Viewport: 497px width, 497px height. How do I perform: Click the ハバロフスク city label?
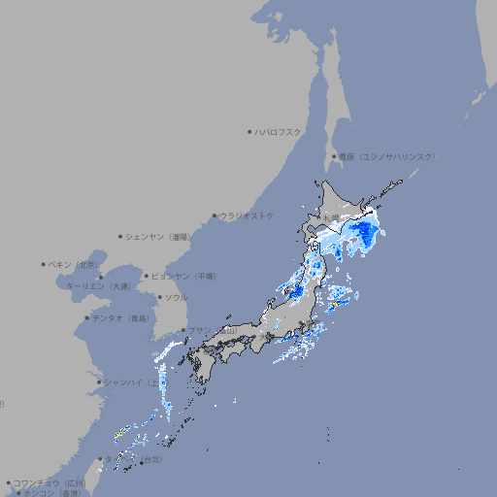click(279, 131)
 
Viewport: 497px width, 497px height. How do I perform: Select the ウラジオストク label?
click(247, 215)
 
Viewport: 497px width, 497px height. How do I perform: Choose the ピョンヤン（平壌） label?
click(183, 276)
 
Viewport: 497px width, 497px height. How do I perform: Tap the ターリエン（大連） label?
click(98, 286)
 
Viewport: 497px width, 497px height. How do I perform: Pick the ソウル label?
click(176, 297)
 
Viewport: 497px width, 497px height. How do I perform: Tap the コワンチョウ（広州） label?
click(50, 482)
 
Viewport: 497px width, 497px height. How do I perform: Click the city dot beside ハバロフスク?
click(249, 131)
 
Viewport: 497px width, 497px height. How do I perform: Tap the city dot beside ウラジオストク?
click(215, 215)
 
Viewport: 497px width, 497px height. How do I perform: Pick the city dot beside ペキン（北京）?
click(44, 264)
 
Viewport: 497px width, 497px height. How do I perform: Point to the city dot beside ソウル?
click(159, 297)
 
